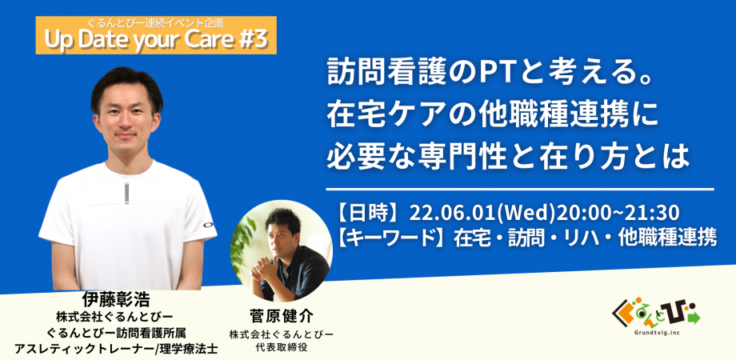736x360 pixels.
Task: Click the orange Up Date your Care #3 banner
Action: pos(156,36)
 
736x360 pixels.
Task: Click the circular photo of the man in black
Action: pos(281,251)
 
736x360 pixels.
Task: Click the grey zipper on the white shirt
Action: pos(126,194)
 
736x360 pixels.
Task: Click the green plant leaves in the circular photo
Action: pos(243,239)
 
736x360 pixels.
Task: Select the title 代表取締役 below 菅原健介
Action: pos(278,346)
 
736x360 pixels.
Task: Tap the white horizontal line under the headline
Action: pos(520,190)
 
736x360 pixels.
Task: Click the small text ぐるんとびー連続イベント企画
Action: pos(155,22)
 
